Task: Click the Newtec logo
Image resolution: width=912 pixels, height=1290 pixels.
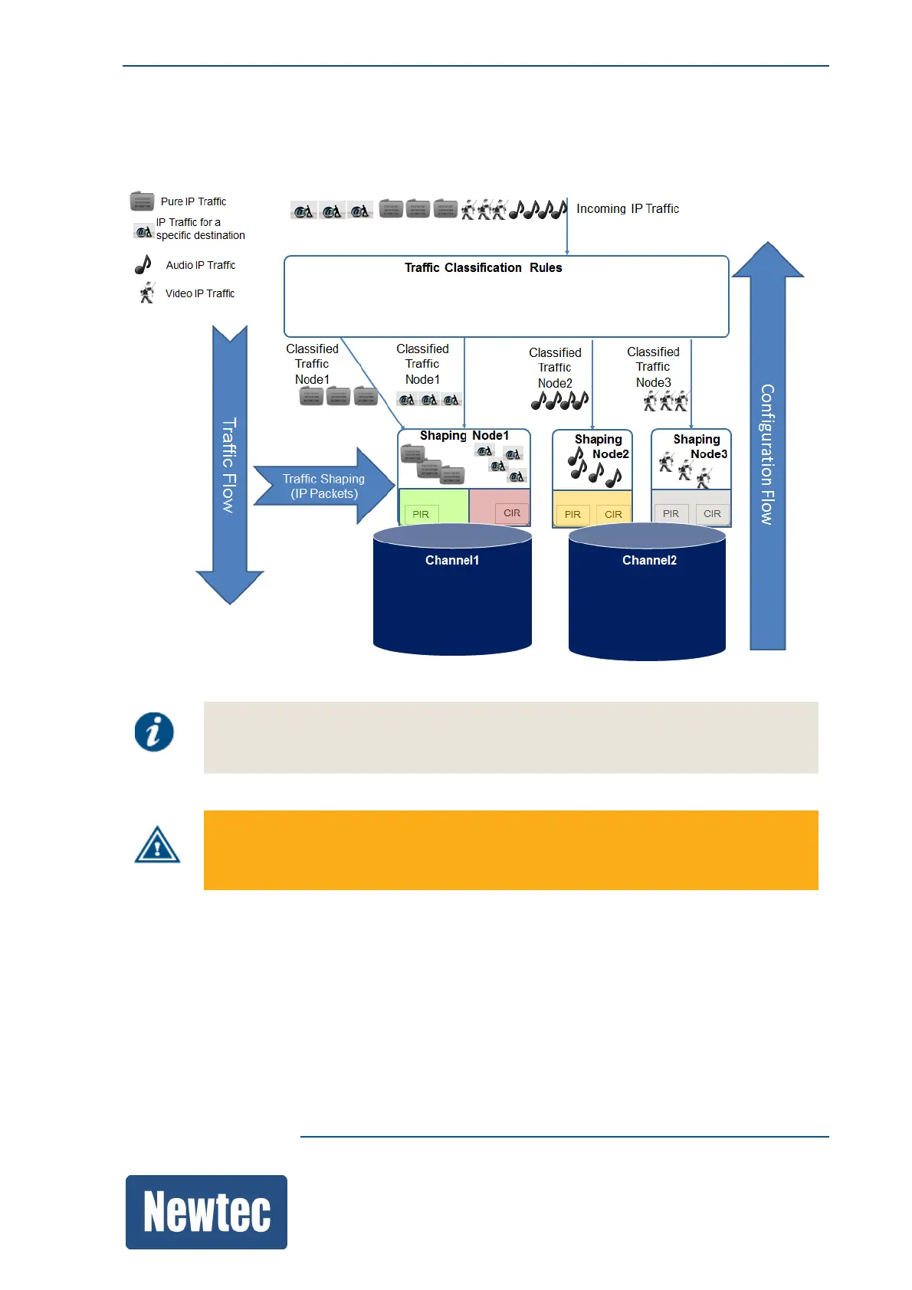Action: pyautogui.click(x=206, y=1212)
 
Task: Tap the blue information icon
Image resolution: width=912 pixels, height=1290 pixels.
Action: pyautogui.click(x=154, y=732)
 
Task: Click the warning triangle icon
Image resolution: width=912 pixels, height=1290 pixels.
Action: pyautogui.click(x=157, y=846)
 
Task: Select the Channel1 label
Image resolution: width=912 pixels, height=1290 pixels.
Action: pyautogui.click(x=452, y=561)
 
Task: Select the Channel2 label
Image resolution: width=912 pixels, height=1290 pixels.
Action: pyautogui.click(x=649, y=561)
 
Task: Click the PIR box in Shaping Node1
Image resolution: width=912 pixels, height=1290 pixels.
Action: pyautogui.click(x=421, y=514)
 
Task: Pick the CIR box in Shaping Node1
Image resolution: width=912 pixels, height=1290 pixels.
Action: pyautogui.click(x=512, y=513)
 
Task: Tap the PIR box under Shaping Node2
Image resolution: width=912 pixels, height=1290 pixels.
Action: pyautogui.click(x=572, y=514)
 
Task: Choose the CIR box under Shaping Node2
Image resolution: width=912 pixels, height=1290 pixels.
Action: pyautogui.click(x=613, y=514)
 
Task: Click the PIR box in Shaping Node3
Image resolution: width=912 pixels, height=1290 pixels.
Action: pyautogui.click(x=671, y=513)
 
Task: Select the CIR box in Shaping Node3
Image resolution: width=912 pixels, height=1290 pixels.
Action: pyautogui.click(x=712, y=513)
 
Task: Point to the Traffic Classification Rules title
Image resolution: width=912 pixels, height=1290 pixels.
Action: pyautogui.click(x=483, y=267)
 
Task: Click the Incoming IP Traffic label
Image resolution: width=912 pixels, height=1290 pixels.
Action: pyautogui.click(x=628, y=208)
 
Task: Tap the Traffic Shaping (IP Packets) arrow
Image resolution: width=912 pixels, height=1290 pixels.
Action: pyautogui.click(x=323, y=486)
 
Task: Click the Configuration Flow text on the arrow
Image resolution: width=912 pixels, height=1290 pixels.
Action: pyautogui.click(x=767, y=454)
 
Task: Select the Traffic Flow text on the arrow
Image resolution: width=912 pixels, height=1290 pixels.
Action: pyautogui.click(x=229, y=465)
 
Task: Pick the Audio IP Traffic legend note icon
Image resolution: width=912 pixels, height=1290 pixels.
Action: pyautogui.click(x=143, y=264)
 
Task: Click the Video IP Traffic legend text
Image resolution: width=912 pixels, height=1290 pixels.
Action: pyautogui.click(x=200, y=293)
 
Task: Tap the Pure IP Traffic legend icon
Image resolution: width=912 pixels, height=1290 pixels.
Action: pyautogui.click(x=143, y=201)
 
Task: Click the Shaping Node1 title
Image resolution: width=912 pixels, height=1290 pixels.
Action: pyautogui.click(x=464, y=435)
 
